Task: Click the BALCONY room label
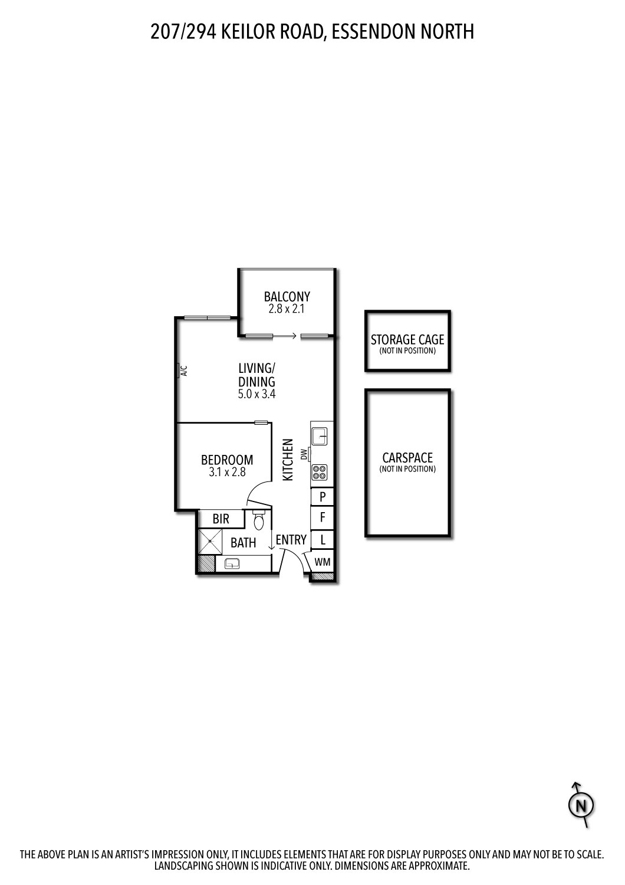click(287, 296)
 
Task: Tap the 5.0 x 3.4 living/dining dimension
click(256, 395)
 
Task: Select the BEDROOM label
click(227, 460)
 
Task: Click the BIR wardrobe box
click(221, 519)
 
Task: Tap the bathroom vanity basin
click(232, 563)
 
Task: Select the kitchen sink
click(321, 435)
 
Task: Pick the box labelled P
click(323, 497)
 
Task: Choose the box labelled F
click(323, 518)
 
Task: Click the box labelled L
click(323, 539)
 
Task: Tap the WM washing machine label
click(323, 562)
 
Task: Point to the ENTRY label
click(291, 540)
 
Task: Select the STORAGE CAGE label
click(407, 340)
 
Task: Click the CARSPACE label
click(407, 458)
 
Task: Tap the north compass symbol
click(581, 805)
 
